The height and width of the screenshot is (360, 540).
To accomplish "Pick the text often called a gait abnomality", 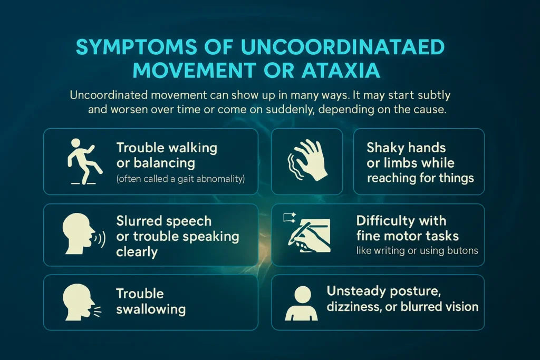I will pos(180,179).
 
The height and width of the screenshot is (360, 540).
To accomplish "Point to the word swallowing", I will pos(151,309).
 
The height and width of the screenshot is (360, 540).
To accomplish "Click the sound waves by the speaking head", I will pos(101,238).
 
